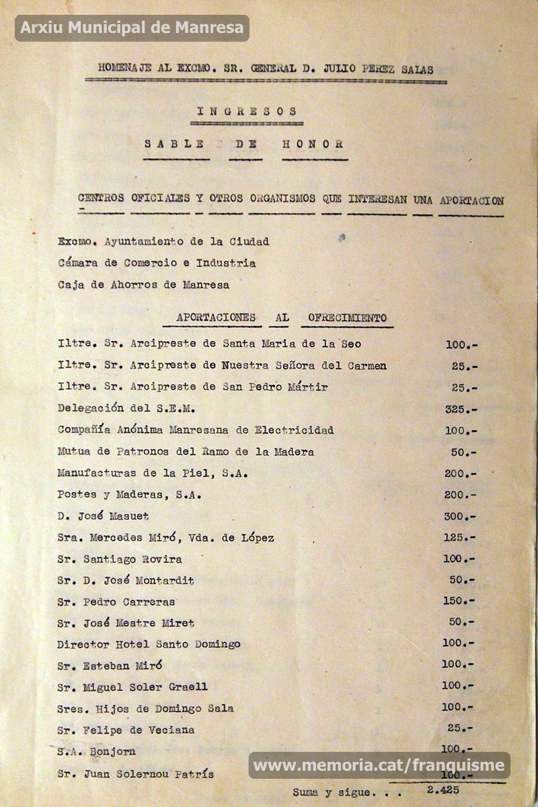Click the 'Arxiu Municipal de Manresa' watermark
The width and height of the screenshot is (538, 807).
[x=132, y=28]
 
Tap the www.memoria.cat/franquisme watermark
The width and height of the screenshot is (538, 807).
[x=379, y=765]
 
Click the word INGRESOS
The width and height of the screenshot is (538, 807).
[x=247, y=112]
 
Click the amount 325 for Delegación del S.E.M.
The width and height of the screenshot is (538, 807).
[x=461, y=409]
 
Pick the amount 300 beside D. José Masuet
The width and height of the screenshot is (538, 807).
[x=460, y=516]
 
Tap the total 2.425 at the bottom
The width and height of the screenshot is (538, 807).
[x=443, y=790]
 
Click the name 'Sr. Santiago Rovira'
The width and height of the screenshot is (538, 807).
[x=120, y=559]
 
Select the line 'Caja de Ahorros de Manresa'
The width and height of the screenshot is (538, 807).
[x=143, y=284]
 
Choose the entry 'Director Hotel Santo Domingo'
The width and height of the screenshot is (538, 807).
[x=149, y=644]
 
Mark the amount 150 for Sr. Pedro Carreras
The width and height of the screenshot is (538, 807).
[x=458, y=601]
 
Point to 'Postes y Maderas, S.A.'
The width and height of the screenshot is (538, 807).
[x=130, y=495]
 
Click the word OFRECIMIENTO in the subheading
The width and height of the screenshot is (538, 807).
[x=347, y=317]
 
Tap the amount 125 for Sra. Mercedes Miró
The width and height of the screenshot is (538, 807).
[x=460, y=538]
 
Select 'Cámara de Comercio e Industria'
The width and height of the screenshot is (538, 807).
[x=157, y=263]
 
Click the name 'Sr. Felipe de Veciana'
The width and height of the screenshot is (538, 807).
[x=126, y=730]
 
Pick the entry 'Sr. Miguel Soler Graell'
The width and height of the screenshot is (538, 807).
[x=132, y=687]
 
